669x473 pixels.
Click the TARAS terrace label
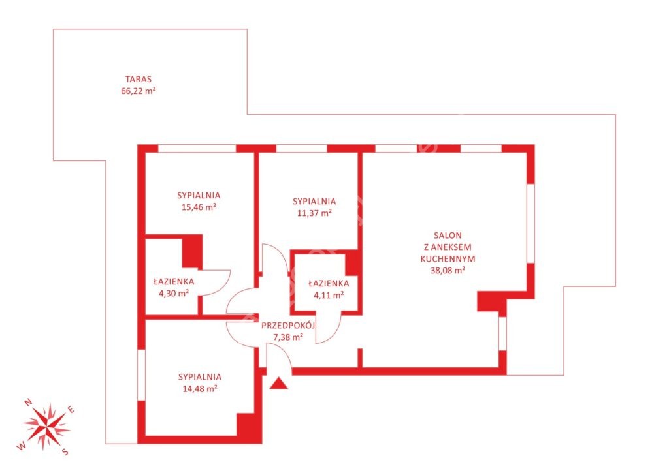(139, 79)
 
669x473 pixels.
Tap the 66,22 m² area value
(139, 91)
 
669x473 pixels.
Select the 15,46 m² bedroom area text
(199, 207)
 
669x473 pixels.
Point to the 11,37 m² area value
(314, 213)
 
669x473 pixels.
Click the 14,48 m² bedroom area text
(200, 389)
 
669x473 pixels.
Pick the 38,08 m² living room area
(448, 270)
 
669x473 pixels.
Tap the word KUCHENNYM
(448, 258)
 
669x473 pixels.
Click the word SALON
(448, 236)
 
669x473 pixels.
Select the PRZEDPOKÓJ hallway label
(288, 326)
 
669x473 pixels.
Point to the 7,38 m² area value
(288, 337)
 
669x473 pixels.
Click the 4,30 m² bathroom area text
(174, 293)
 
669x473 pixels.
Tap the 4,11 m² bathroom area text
(329, 295)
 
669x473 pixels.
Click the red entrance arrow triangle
(278, 384)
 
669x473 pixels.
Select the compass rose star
(46, 425)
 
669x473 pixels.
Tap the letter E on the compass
(72, 410)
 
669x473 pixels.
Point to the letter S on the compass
(65, 451)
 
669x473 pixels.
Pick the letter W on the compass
(20, 446)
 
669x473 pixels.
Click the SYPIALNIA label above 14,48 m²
(200, 377)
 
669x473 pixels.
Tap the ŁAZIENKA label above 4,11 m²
(329, 283)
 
